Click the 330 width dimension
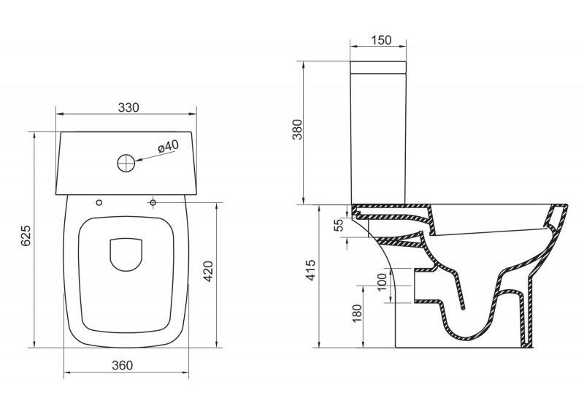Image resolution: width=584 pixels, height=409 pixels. click(x=128, y=107)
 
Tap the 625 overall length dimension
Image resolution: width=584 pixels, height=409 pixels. click(x=26, y=235)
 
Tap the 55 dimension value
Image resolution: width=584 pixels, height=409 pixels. click(x=338, y=226)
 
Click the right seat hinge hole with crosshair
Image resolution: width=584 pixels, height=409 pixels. click(x=153, y=202)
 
